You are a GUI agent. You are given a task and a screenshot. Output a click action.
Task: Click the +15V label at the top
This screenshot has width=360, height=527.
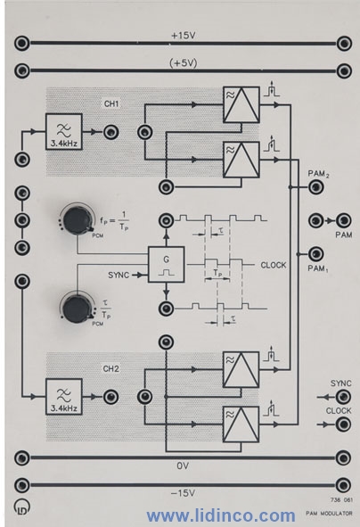(183, 36)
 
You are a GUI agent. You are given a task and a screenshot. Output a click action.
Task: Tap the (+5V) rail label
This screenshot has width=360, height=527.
(183, 63)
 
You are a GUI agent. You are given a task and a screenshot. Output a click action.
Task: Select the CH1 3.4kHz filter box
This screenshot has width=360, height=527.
(64, 132)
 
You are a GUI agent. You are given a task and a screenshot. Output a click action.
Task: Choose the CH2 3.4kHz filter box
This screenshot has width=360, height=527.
(64, 397)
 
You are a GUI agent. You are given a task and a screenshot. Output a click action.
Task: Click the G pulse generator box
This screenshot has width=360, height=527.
(167, 265)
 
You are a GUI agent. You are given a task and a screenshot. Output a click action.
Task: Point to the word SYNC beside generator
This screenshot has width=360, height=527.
(119, 276)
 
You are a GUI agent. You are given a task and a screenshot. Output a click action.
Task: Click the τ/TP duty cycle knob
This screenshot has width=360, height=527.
(77, 309)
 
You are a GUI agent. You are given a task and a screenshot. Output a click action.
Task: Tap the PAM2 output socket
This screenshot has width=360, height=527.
(315, 187)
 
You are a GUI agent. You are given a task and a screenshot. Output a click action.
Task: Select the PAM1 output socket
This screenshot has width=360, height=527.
(315, 254)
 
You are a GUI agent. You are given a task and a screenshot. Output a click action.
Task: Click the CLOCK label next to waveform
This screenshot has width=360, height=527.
(274, 265)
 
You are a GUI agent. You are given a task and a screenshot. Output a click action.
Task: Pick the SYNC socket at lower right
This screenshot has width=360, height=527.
(343, 398)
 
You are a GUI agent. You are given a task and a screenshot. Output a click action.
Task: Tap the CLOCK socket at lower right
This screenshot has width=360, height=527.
(343, 424)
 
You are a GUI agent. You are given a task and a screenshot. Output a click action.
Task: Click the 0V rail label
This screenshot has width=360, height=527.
(183, 465)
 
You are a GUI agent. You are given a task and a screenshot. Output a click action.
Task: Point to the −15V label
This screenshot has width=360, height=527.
(183, 493)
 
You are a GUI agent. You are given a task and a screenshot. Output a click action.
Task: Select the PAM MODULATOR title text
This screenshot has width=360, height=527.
(329, 514)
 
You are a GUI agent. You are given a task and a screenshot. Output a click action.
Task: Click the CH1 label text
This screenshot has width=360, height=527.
(111, 103)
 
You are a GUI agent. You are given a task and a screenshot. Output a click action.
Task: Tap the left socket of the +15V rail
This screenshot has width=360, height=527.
(22, 44)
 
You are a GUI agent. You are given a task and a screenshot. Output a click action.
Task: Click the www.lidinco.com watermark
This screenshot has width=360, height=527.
(221, 515)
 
